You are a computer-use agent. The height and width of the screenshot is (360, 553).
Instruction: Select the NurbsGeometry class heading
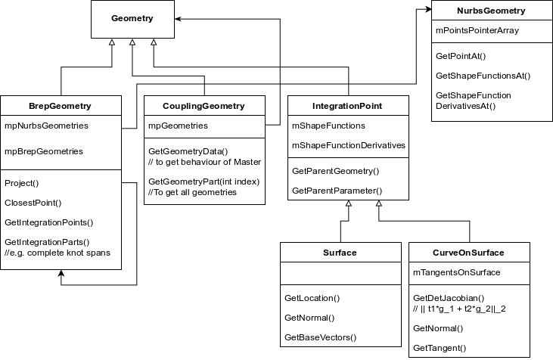click(x=491, y=11)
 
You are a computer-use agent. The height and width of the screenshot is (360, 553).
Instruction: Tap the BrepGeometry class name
click(x=61, y=106)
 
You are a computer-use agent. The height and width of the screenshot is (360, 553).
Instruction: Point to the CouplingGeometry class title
click(x=204, y=106)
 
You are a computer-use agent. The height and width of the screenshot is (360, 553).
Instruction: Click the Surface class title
click(x=340, y=252)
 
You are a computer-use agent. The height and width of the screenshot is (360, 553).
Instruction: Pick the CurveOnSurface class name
click(x=469, y=252)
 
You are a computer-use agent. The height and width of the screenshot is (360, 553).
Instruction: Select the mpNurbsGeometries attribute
click(x=46, y=126)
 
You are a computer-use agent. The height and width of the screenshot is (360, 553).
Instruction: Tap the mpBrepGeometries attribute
click(x=43, y=151)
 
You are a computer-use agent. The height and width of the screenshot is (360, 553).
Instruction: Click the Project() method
click(x=21, y=183)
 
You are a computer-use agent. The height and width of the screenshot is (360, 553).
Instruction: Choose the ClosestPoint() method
click(x=33, y=203)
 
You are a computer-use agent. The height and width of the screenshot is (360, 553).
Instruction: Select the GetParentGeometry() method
click(x=335, y=171)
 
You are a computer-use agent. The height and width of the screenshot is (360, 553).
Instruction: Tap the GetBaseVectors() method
click(x=320, y=337)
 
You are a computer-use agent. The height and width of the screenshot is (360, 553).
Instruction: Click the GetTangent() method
click(x=439, y=348)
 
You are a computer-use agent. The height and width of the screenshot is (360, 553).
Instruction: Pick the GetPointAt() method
click(x=461, y=56)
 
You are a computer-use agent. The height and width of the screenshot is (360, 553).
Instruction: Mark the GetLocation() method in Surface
click(x=312, y=298)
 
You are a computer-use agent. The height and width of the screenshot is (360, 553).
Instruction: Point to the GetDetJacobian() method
click(x=449, y=297)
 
